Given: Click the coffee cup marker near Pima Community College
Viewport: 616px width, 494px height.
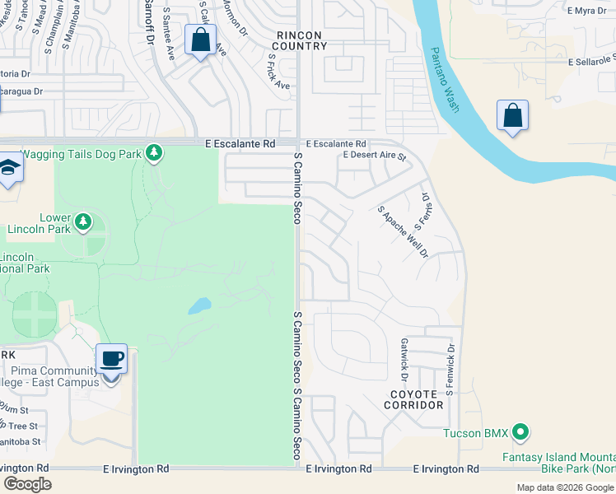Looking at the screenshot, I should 112,360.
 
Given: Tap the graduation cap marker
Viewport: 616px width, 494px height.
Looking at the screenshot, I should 8,168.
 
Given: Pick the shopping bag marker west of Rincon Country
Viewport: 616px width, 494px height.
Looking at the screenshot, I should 200,40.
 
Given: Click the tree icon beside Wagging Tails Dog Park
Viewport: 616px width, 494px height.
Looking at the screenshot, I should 153,152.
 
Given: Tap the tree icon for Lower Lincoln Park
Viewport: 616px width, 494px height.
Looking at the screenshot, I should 82,221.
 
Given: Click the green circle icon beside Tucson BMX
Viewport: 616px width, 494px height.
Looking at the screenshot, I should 520,431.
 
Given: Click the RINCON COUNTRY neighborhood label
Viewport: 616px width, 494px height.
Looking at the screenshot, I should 302,40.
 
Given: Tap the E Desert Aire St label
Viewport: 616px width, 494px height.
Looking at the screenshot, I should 375,156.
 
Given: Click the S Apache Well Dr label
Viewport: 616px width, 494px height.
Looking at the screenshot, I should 404,231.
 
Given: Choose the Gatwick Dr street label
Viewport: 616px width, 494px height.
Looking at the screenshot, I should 404,355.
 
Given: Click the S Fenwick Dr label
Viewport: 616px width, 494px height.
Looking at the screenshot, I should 450,370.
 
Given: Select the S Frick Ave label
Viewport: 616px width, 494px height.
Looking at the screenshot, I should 278,72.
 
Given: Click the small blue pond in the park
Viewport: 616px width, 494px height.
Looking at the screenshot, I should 198,306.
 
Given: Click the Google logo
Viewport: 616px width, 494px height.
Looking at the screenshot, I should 27,484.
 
